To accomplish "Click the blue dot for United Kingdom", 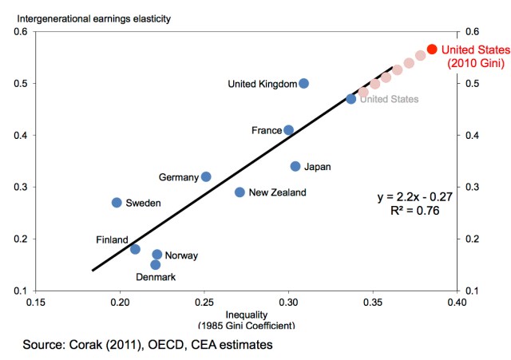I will [x=303, y=83].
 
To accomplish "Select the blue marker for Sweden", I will [x=117, y=203].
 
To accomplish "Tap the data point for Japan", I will [x=295, y=166].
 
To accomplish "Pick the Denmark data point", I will [x=156, y=264].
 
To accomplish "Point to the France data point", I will [x=289, y=130].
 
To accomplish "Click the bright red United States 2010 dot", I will [x=432, y=49].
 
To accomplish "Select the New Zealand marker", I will [x=240, y=192].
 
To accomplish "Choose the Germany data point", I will [x=206, y=176].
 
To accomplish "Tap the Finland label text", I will [x=112, y=239].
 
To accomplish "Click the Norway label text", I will [x=181, y=255].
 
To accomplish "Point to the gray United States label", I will [x=388, y=99].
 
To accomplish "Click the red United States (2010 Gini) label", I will [x=473, y=57].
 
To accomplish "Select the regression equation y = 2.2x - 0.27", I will [x=414, y=196].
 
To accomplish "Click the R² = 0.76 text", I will [x=414, y=211].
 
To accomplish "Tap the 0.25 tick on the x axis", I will [x=204, y=303].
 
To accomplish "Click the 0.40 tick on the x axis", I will [x=456, y=303].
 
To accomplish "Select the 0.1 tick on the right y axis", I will [x=472, y=290].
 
